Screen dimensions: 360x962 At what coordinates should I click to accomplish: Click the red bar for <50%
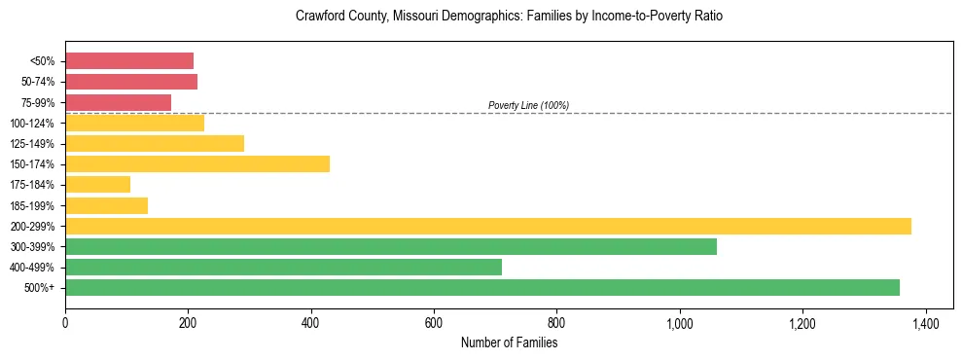pos(129,60)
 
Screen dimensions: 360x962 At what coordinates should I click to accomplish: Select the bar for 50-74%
pos(131,82)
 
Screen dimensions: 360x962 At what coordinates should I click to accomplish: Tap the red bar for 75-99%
pos(118,102)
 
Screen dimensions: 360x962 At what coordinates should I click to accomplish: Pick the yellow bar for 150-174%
pos(197,163)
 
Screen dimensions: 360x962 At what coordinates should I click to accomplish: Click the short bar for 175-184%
pos(97,184)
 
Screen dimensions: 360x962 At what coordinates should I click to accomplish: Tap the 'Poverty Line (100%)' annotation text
pos(528,105)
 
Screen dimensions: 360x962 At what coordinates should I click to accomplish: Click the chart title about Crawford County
pos(509,17)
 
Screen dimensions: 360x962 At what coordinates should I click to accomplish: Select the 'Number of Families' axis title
pos(509,342)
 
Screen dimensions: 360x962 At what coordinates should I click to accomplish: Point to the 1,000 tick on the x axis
pos(679,322)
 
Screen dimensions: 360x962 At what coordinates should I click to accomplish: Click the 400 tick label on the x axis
pos(311,322)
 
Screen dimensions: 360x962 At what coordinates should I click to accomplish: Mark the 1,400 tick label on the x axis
pos(924,322)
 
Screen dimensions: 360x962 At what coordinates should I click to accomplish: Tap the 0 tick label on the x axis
pos(65,322)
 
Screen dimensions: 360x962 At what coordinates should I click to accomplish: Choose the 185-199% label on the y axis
pos(32,205)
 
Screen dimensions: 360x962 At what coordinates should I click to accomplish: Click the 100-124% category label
pos(32,123)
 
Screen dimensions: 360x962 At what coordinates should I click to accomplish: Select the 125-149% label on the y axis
pos(32,143)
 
